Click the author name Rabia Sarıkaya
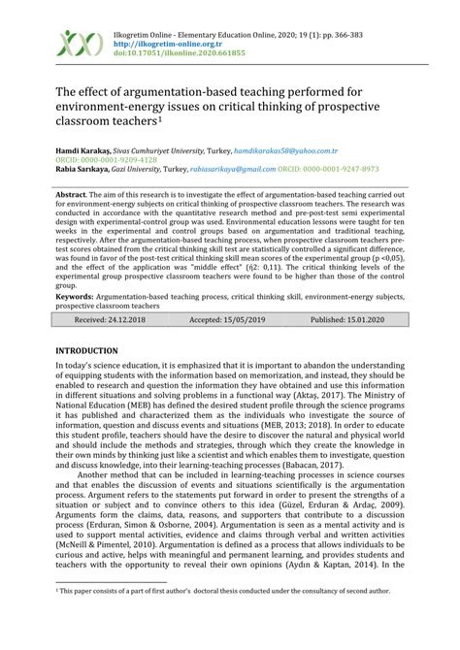click(83, 169)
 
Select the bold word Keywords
click(79, 296)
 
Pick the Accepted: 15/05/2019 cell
click(225, 318)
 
